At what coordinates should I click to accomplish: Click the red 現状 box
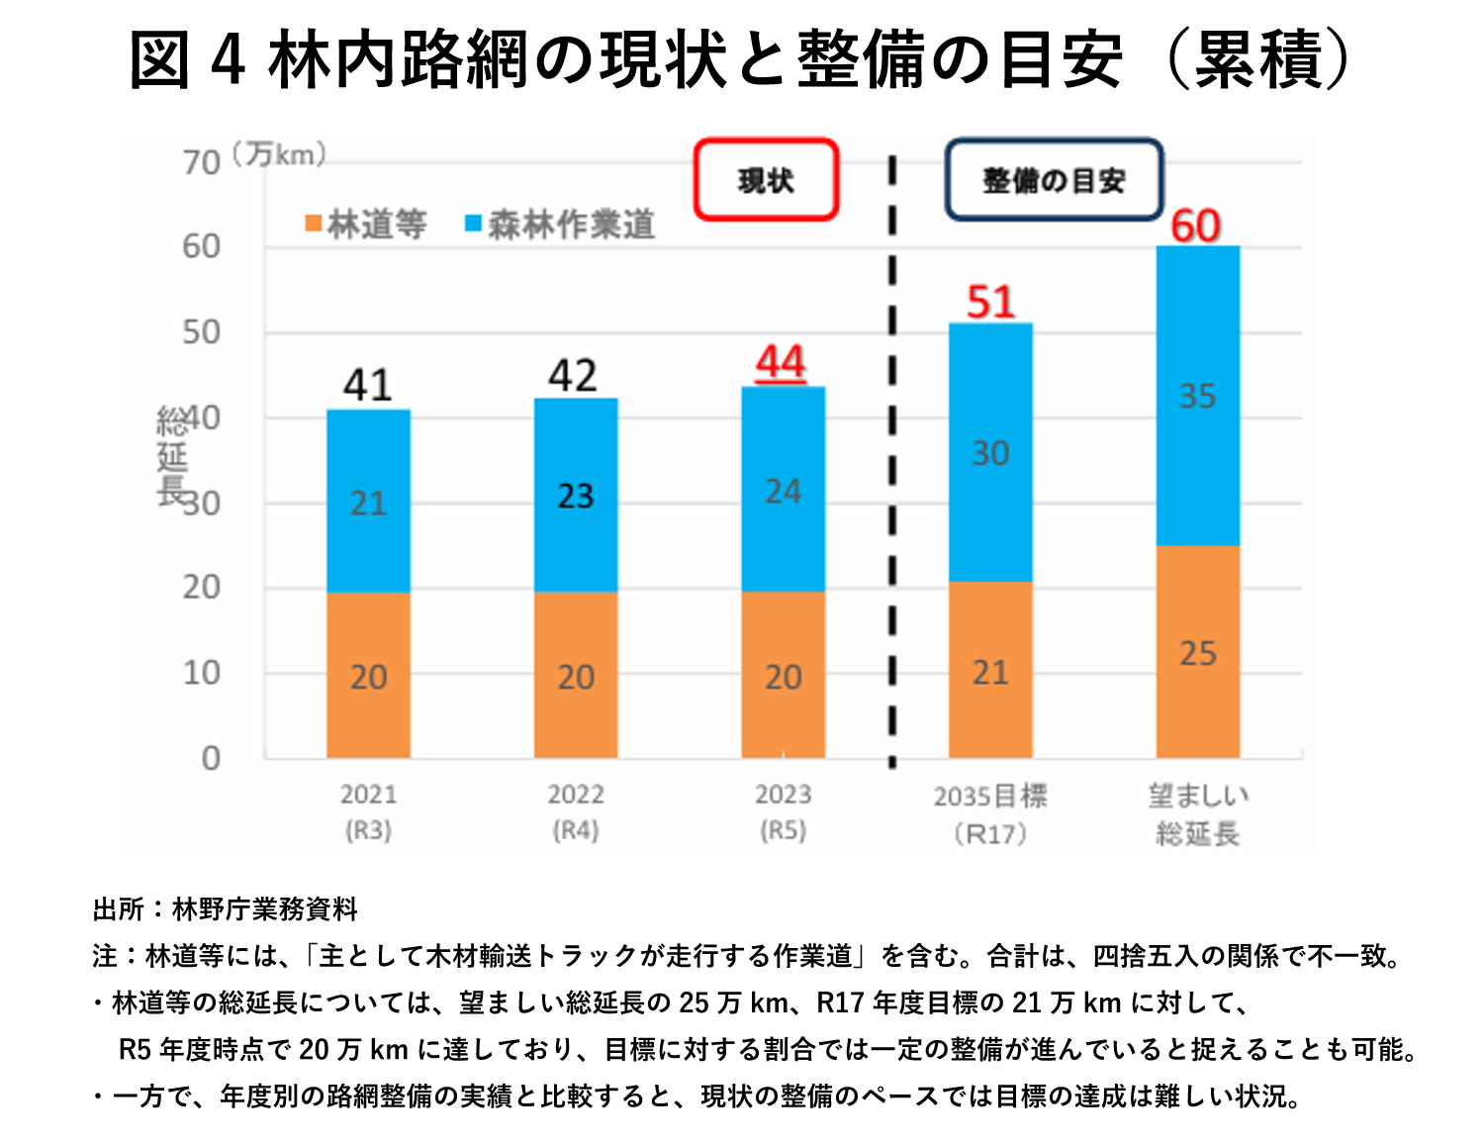(766, 180)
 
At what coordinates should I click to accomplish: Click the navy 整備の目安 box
(1053, 180)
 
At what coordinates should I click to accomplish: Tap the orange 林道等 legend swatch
(313, 225)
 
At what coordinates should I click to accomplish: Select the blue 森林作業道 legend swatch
(474, 225)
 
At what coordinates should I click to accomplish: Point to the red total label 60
(1196, 226)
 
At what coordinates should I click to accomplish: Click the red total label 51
(990, 302)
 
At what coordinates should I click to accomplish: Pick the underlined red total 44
(782, 363)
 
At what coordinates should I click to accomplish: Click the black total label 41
(368, 385)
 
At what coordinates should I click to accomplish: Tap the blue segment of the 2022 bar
(576, 495)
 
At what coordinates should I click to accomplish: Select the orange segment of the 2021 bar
(368, 676)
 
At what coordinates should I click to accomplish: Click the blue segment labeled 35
(1197, 396)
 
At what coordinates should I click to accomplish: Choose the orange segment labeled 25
(1197, 653)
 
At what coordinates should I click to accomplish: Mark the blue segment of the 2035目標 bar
(990, 453)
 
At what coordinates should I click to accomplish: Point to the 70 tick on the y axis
(201, 162)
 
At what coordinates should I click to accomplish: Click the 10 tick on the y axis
(201, 673)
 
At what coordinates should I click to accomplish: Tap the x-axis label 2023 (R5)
(783, 811)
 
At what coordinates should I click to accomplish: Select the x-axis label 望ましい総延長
(1197, 813)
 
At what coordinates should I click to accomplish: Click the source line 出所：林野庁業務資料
(226, 908)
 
